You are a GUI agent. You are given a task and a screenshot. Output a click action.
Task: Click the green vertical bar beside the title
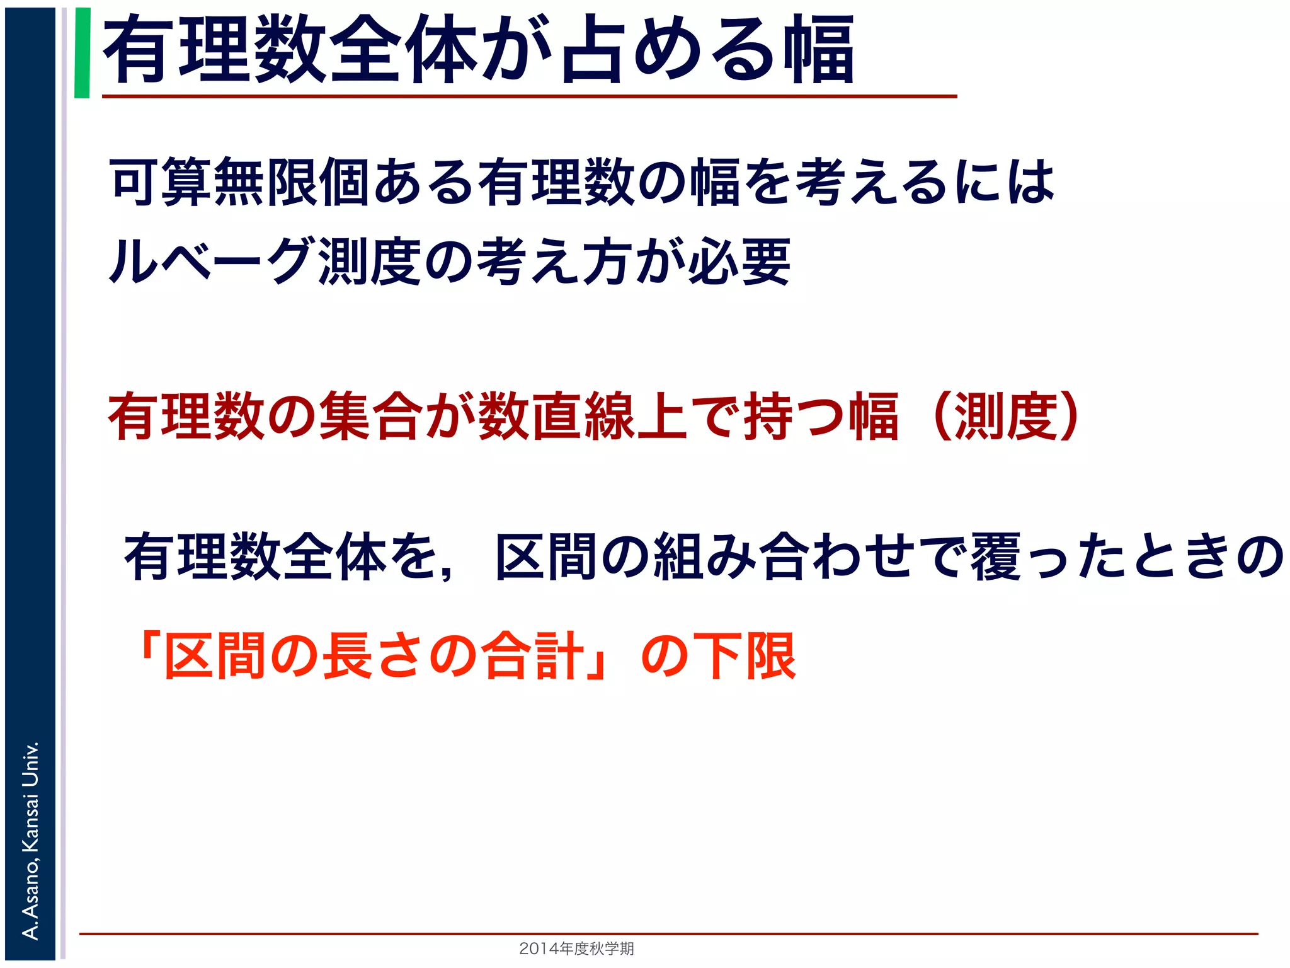point(82,53)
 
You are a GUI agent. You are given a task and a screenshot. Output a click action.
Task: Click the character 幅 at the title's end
point(819,50)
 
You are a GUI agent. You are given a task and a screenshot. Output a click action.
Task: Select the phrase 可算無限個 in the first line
point(239,183)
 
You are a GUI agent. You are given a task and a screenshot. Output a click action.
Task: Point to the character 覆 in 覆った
point(995,556)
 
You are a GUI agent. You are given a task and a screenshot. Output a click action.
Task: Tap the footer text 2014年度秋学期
point(576,948)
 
